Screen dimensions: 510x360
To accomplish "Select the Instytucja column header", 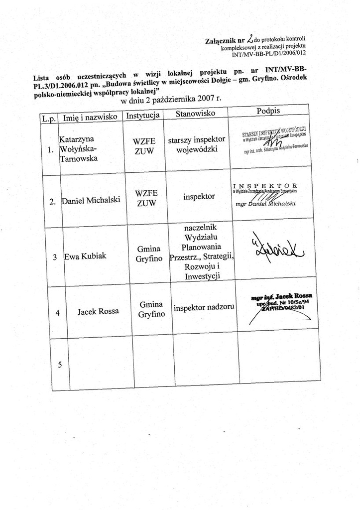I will coord(142,116).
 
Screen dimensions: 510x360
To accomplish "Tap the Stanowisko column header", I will coord(195,114).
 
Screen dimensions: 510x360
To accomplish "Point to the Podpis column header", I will coord(269,111).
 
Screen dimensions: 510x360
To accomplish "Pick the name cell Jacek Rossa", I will coord(98,312).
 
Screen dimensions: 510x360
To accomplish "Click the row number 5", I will coord(60,365).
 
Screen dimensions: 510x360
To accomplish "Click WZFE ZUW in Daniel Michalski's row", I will coord(145,198).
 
